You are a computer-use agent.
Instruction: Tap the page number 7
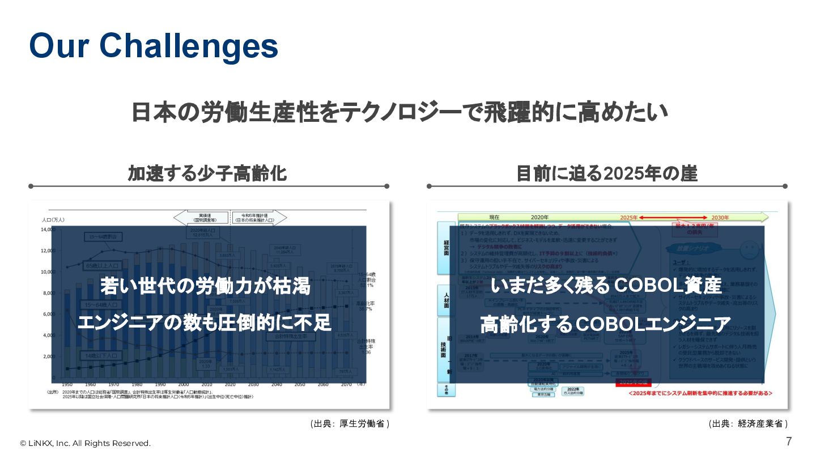coord(789,441)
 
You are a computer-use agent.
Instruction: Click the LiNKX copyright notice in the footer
coord(86,443)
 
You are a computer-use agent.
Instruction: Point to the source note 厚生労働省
coord(350,424)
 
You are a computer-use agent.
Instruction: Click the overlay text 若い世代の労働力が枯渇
coord(205,286)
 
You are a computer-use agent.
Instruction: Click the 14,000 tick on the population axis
coord(47,229)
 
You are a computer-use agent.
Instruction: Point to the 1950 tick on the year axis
coord(67,384)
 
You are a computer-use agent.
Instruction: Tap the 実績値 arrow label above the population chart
coord(202,218)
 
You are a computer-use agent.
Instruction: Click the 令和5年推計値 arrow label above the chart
coord(258,218)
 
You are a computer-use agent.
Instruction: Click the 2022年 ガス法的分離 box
coord(569,391)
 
